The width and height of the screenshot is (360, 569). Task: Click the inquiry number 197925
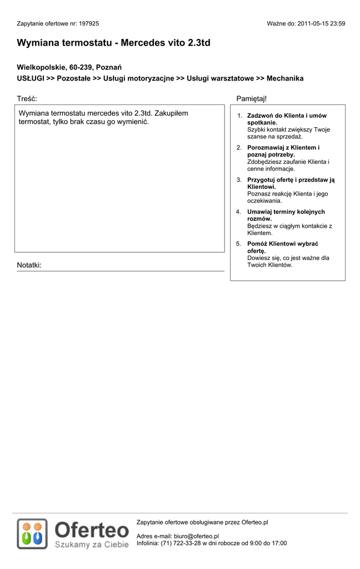(89, 24)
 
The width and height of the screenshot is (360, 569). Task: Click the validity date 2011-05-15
(314, 24)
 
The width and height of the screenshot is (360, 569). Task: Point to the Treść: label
(27, 98)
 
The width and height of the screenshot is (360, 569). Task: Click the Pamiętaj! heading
(251, 98)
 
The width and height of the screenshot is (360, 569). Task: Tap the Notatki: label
(29, 265)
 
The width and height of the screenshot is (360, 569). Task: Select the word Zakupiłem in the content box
(171, 113)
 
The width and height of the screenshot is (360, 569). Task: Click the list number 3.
(238, 180)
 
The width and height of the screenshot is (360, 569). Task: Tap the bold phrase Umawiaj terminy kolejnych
(286, 212)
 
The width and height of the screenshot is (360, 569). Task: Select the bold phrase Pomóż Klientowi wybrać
(283, 244)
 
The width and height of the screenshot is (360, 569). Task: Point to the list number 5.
(238, 244)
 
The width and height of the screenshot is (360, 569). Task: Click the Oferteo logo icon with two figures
(32, 534)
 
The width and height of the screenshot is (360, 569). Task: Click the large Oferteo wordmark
(92, 530)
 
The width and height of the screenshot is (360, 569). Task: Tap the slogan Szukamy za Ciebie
(91, 545)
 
